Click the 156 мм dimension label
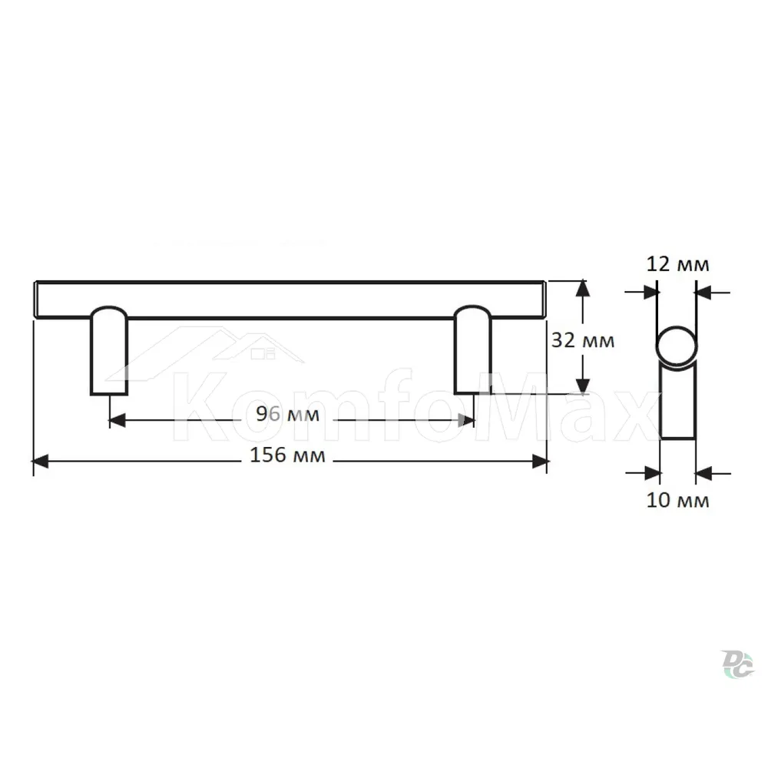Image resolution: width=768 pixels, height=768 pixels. [287, 455]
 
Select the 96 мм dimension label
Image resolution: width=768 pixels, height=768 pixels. [287, 415]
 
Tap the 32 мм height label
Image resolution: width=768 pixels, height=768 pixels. [583, 340]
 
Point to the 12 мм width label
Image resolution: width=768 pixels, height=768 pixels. [678, 264]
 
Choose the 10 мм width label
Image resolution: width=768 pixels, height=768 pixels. [678, 501]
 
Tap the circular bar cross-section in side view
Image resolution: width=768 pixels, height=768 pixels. [677, 346]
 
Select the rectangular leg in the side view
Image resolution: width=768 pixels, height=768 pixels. [678, 402]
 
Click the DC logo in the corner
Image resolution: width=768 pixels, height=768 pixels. [737, 664]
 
